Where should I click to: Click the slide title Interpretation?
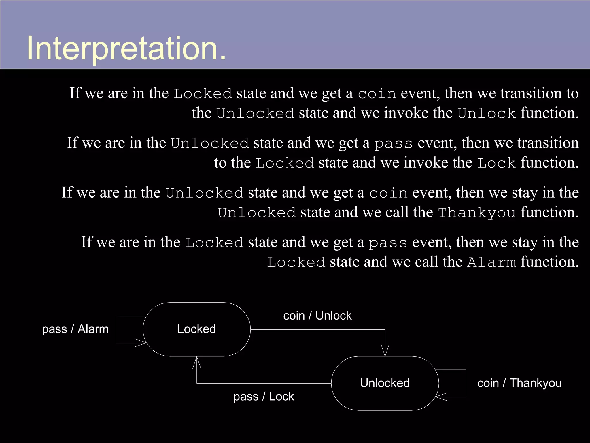pos(126,48)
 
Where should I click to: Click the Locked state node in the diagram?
pos(196,329)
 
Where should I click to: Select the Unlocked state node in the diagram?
pos(385,383)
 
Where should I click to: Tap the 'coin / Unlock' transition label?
pos(317,316)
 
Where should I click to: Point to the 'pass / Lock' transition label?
pos(264,397)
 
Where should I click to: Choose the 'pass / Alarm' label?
pos(75,329)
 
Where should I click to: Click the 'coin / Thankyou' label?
pos(519,383)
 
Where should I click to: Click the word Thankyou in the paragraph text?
pos(477,213)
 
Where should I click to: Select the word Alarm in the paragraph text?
pos(491,262)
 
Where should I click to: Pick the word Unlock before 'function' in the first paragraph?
pos(487,113)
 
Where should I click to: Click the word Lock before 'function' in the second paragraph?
pos(496,163)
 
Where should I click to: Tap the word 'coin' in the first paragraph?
pos(377,94)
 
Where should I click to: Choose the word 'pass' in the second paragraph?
pos(393,143)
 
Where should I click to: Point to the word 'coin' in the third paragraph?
pos(388,193)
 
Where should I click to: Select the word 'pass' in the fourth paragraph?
pos(388,243)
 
